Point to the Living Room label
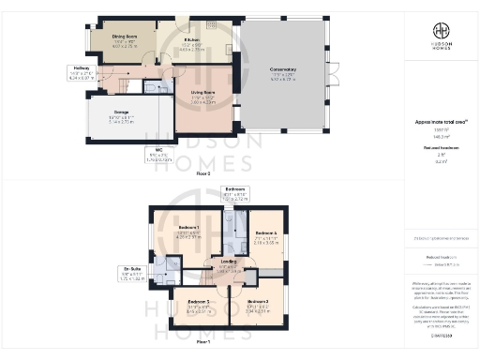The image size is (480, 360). [202, 95]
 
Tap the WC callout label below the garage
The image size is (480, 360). [158, 154]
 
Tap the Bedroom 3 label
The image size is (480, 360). [199, 306]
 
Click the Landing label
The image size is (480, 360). [229, 266]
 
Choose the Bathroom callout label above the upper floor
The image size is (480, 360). [233, 195]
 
